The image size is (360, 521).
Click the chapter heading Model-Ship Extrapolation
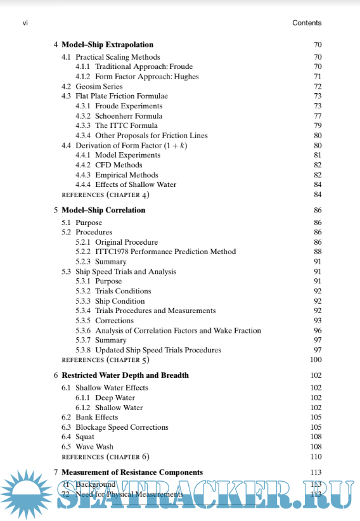(x=107, y=45)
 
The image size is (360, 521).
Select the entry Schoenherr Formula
(x=129, y=116)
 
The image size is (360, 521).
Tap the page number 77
(x=318, y=116)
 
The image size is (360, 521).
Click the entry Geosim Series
(x=99, y=86)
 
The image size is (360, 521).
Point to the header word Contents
(x=307, y=23)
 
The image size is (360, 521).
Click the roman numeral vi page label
(x=25, y=23)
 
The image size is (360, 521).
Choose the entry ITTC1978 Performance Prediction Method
(x=165, y=252)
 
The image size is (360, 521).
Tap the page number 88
(x=318, y=252)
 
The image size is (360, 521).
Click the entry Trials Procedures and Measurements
(x=155, y=311)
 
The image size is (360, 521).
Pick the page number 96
(x=318, y=330)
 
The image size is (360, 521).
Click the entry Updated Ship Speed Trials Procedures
(x=158, y=350)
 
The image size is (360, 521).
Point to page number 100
(x=316, y=359)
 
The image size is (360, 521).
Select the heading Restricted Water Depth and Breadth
(x=125, y=375)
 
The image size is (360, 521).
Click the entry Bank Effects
(x=96, y=417)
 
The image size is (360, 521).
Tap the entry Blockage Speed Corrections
(x=122, y=427)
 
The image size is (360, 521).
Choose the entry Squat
(x=85, y=437)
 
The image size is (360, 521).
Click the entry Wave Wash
(x=94, y=447)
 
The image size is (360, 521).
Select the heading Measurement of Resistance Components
(x=132, y=472)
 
